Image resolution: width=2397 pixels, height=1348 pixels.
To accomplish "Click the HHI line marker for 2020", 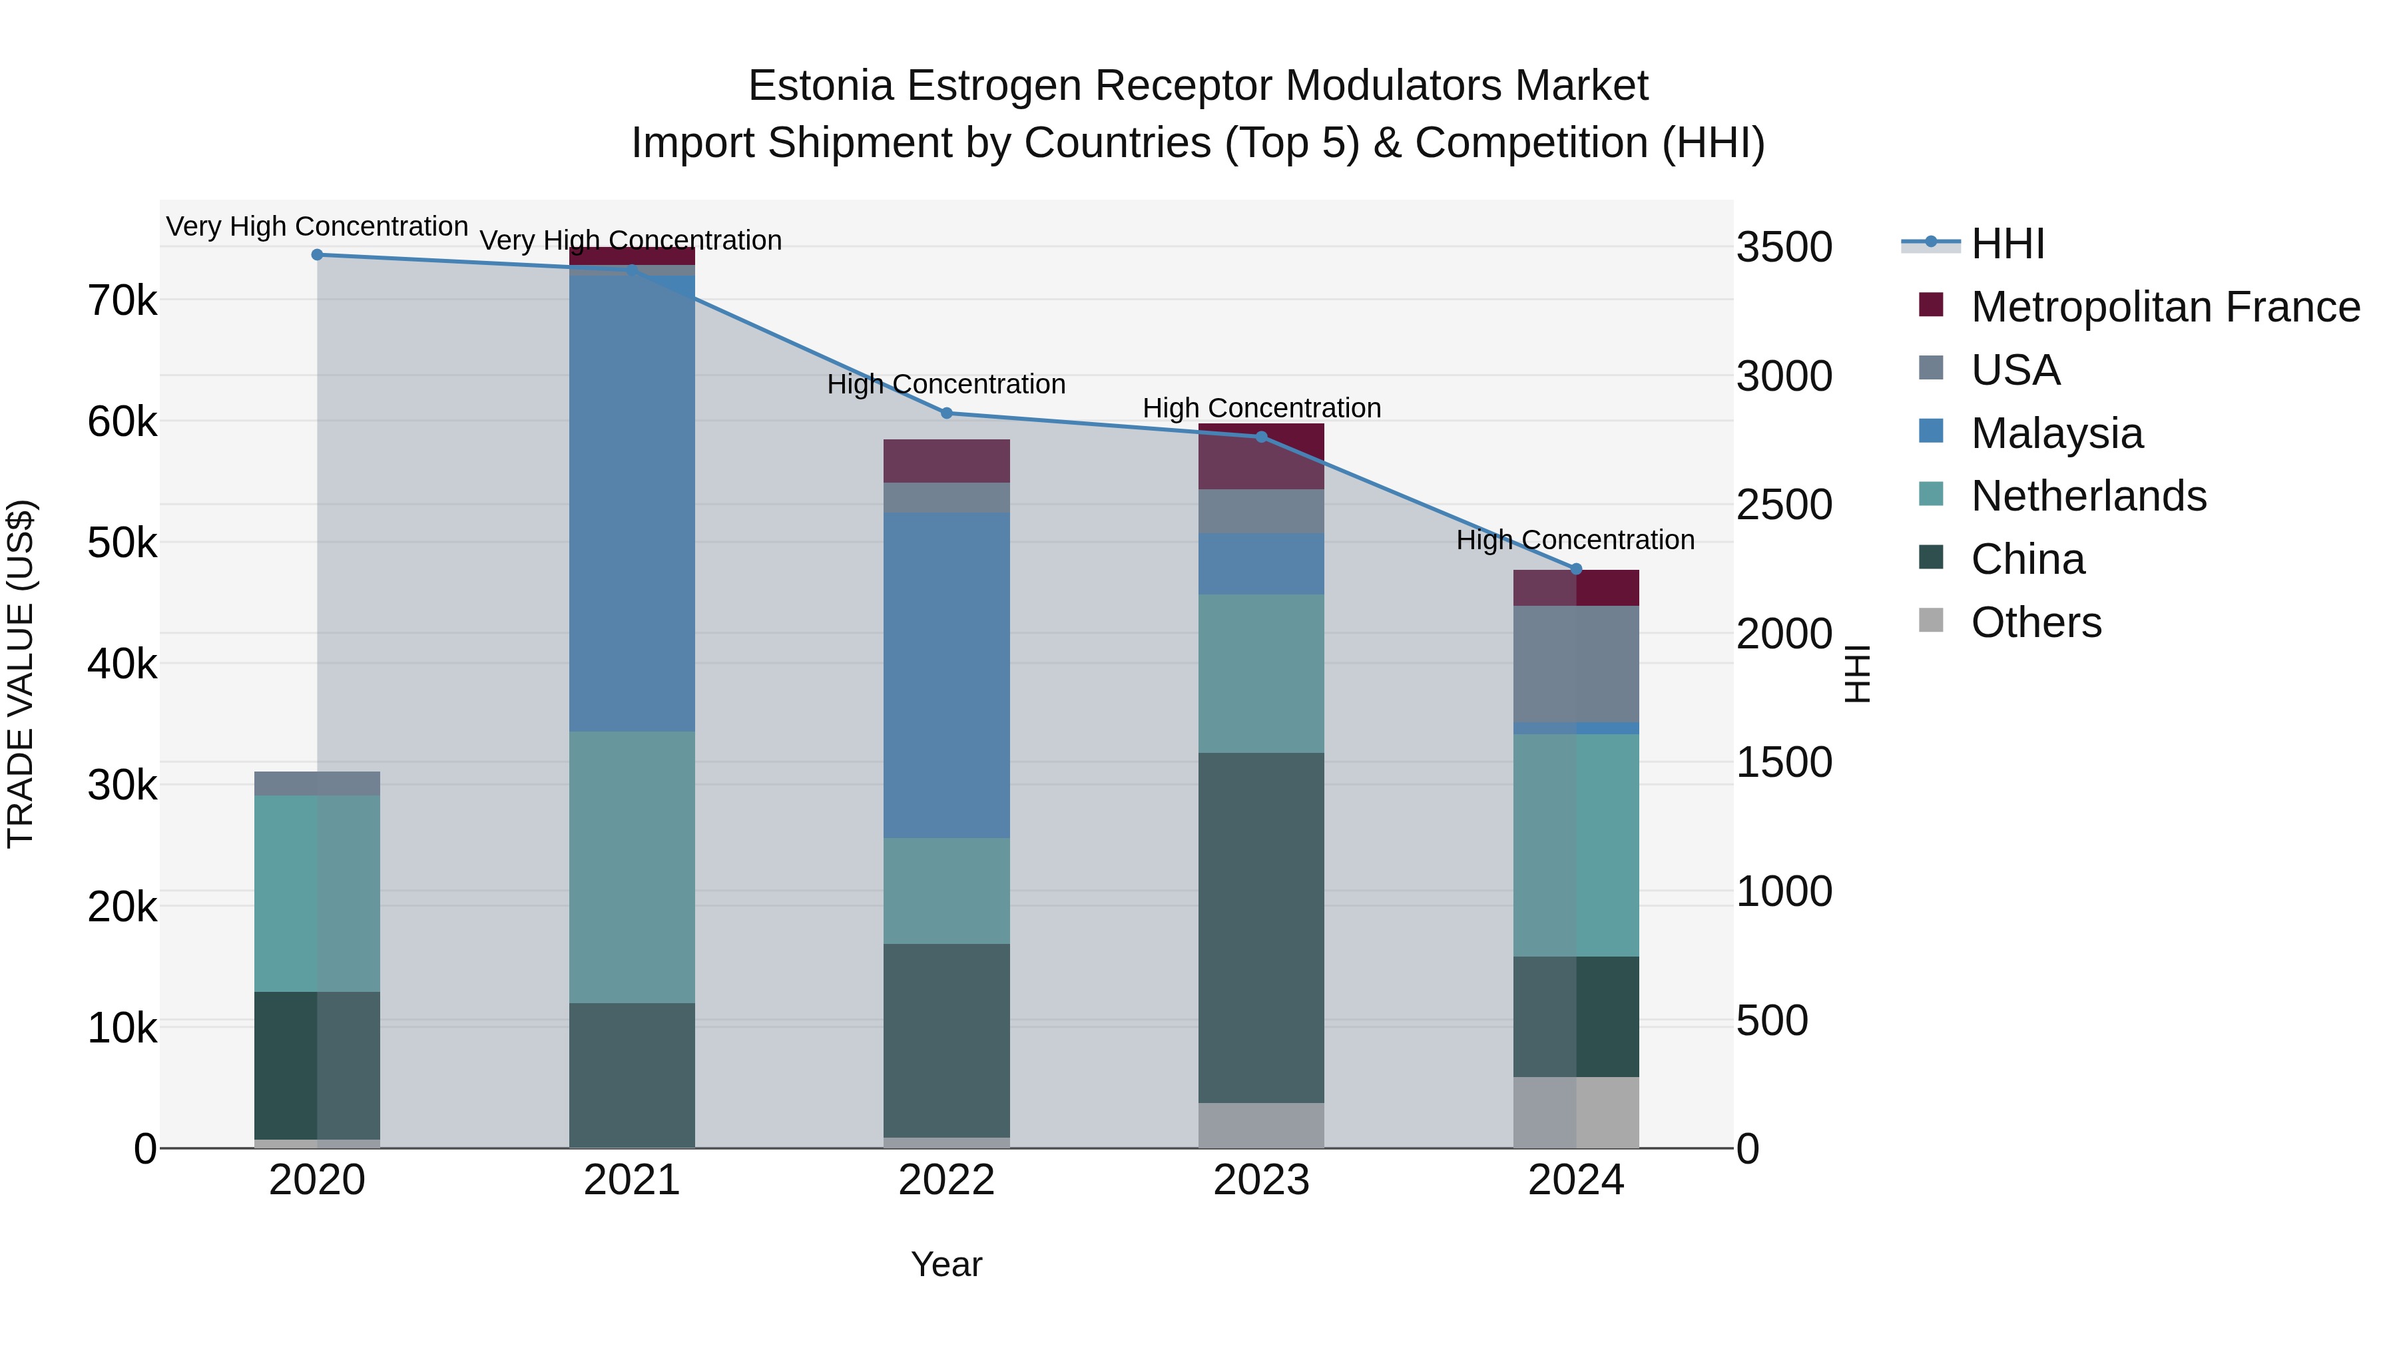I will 318,255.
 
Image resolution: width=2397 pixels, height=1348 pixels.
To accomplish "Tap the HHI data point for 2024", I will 1576,569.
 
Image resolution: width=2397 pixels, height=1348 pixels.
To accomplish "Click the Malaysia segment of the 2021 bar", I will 632,503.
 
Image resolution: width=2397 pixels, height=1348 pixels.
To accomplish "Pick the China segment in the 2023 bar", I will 1261,927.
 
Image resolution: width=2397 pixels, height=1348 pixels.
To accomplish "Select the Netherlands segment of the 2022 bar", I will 946,890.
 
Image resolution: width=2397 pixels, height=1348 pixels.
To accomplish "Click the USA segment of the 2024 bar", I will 1576,663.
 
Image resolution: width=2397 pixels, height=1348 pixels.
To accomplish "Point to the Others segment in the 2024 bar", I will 1576,1112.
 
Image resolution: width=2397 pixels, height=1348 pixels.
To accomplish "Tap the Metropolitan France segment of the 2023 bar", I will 1261,457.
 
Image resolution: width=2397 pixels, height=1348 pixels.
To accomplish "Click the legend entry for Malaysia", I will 2057,433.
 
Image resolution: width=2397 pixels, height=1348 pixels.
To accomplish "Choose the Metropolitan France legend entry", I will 2165,307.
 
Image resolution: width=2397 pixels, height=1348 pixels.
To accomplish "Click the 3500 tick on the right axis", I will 1784,248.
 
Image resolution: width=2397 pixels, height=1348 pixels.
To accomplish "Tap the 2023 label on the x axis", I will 1261,1180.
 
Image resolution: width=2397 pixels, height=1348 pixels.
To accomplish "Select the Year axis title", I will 946,1264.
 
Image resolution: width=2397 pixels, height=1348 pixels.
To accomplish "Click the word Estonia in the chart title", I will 822,86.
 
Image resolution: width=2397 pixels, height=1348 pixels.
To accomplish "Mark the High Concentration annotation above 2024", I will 1575,540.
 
